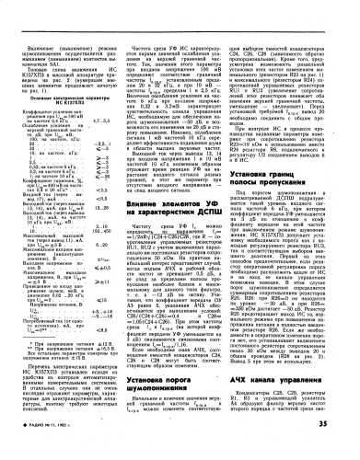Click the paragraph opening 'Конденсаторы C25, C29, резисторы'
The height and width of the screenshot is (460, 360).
coord(296,392)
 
